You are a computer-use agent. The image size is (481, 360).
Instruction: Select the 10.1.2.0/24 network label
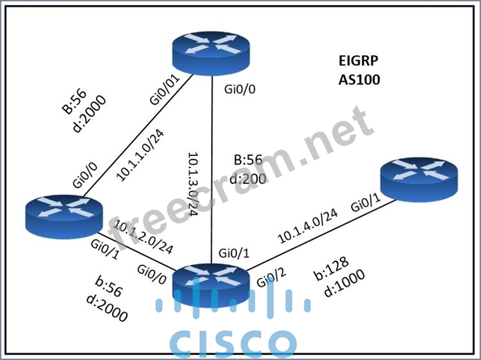(x=143, y=236)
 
